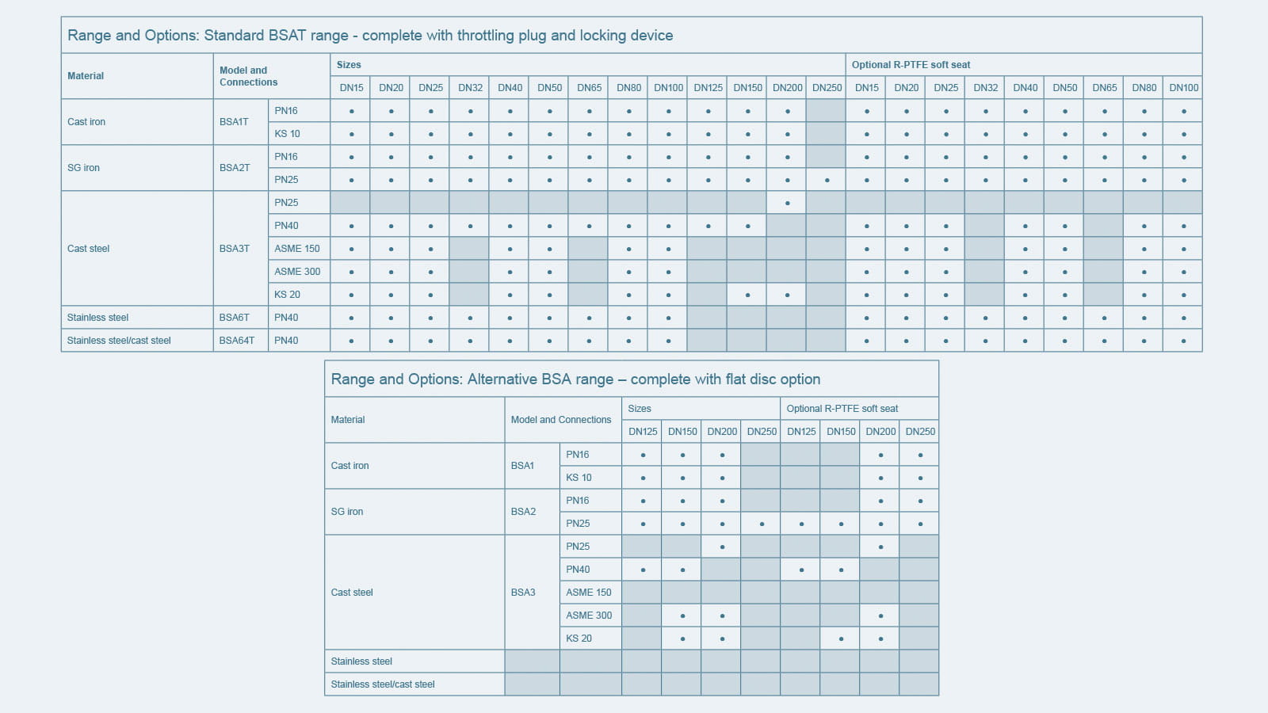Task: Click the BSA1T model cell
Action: tap(234, 122)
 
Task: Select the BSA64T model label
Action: tap(237, 341)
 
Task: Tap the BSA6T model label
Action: tap(235, 318)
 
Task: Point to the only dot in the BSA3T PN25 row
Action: tap(787, 204)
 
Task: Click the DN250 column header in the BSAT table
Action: tap(827, 88)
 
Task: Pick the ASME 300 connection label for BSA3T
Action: tap(297, 272)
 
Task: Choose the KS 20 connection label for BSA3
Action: tap(579, 639)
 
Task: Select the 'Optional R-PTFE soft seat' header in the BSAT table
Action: tap(911, 65)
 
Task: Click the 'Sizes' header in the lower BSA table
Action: tap(640, 409)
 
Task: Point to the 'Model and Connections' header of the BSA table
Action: tap(561, 420)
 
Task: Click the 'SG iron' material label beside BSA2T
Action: tap(83, 168)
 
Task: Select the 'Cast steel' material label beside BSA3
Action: tap(352, 593)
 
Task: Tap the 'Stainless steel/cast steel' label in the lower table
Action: tap(383, 684)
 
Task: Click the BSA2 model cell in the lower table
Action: tap(523, 512)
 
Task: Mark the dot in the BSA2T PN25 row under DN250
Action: tap(827, 181)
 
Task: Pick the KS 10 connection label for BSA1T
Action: tap(287, 134)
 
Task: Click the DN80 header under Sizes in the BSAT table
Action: tap(628, 88)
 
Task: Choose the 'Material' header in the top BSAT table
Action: tap(86, 76)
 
